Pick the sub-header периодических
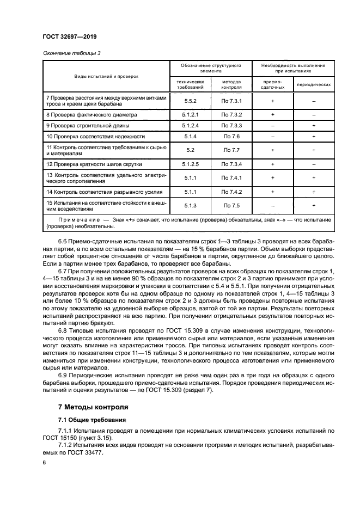point(314,84)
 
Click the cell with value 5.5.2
point(190,101)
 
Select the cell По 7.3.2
point(231,115)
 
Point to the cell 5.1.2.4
point(190,126)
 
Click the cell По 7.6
point(231,137)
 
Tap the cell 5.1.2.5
point(190,164)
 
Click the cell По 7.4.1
point(231,178)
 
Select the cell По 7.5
point(231,205)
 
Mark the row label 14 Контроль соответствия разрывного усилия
point(102,192)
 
